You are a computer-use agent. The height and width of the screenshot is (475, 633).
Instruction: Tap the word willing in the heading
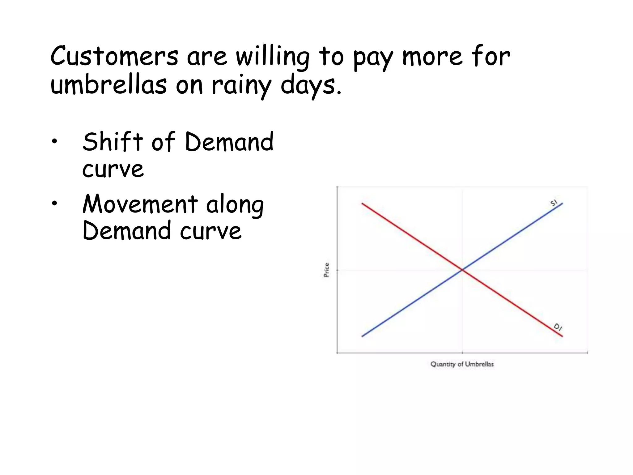coord(273,57)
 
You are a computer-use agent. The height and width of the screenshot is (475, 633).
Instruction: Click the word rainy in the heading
coord(241,86)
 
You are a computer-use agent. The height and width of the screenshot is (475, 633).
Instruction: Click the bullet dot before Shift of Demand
coord(55,142)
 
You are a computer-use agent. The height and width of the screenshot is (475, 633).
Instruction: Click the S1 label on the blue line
coord(554,203)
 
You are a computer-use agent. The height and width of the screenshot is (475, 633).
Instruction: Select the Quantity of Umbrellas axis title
coord(462,364)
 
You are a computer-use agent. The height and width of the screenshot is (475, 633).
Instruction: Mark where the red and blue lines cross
coord(462,270)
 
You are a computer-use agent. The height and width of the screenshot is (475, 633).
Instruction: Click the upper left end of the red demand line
coord(363,203)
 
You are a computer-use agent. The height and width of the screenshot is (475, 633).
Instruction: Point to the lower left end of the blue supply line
coord(363,336)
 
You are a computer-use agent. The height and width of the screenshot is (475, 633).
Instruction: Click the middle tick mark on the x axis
coord(462,353)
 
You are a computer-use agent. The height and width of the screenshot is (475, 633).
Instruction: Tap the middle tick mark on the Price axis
coord(337,270)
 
